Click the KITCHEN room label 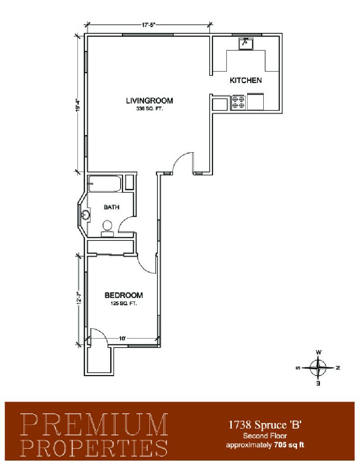(x=245, y=80)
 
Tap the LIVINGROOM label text (x=149, y=101)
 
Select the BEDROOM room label (x=124, y=295)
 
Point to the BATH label (x=112, y=207)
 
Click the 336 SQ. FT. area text (x=150, y=109)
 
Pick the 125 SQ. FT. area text (x=123, y=303)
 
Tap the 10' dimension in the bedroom (x=122, y=338)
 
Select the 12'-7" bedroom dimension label (x=79, y=298)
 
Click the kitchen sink (x=246, y=43)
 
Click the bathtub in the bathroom (x=105, y=184)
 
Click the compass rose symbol (x=318, y=368)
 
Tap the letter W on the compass (x=318, y=352)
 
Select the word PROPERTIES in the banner (x=94, y=448)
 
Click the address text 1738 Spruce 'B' (x=265, y=425)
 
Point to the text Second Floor (x=265, y=436)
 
